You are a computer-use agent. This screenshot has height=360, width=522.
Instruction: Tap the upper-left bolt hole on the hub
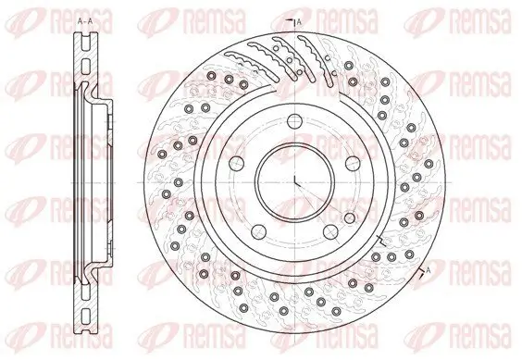pyautogui.click(x=232, y=160)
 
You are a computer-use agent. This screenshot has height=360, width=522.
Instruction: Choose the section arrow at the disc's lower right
pyautogui.click(x=424, y=272)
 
